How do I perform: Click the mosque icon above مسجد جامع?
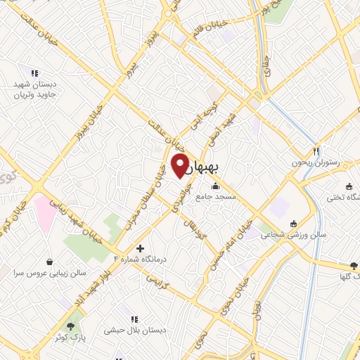coord(215,187)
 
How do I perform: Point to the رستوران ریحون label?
coord(318,162)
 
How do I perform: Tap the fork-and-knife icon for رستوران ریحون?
coord(316,151)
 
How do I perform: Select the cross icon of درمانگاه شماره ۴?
coord(140,248)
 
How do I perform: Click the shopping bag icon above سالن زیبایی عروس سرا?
coord(49,259)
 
